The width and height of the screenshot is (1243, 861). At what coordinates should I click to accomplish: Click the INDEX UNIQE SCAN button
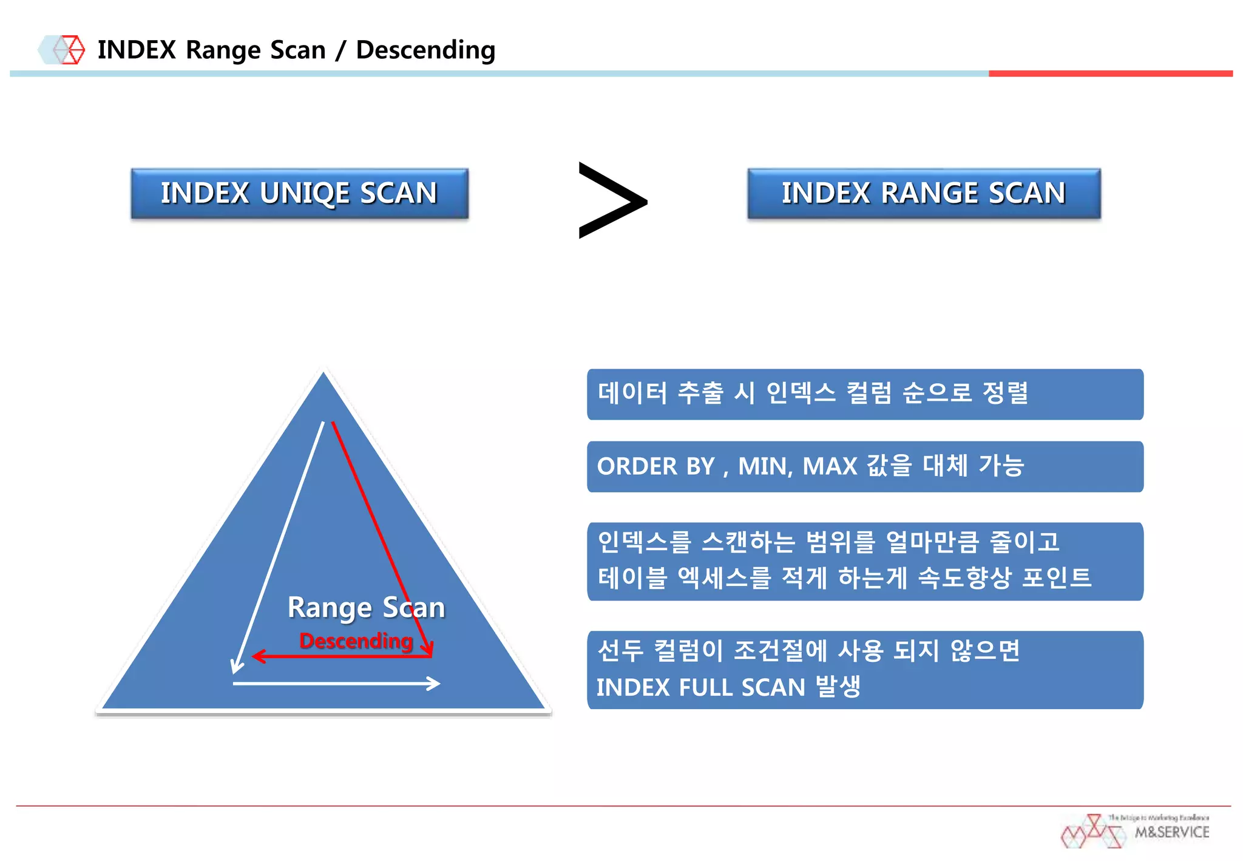click(299, 194)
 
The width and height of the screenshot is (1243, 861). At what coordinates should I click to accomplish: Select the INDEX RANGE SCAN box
click(923, 194)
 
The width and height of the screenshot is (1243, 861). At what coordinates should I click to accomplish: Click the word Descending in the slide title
click(425, 50)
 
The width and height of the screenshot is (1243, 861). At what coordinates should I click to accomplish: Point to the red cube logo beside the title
click(70, 50)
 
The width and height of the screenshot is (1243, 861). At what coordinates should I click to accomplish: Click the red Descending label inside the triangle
click(356, 641)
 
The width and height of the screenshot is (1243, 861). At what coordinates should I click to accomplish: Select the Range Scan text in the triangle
click(366, 607)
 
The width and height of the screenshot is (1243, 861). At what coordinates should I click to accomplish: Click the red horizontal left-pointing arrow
click(340, 656)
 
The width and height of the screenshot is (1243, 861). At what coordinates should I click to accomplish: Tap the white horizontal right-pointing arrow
click(337, 684)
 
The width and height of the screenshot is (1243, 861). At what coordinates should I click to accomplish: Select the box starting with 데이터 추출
click(865, 394)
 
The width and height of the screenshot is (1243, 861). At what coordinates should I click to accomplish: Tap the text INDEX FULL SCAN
click(700, 687)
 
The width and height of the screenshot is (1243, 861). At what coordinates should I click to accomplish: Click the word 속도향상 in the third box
click(964, 577)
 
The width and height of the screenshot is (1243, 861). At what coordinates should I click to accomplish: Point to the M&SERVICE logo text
click(1171, 832)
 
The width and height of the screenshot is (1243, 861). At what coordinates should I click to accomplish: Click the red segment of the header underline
click(1110, 73)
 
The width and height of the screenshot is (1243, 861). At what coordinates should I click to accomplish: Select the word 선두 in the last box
click(620, 651)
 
